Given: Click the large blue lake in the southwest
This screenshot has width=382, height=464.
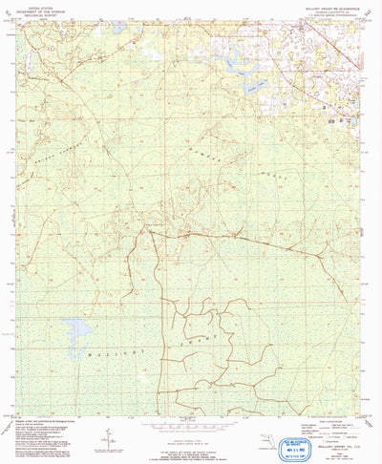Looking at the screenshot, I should (77, 328).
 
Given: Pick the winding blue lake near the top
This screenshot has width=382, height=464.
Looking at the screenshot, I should (239, 67).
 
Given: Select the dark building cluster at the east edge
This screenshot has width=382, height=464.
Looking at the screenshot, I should (333, 121).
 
